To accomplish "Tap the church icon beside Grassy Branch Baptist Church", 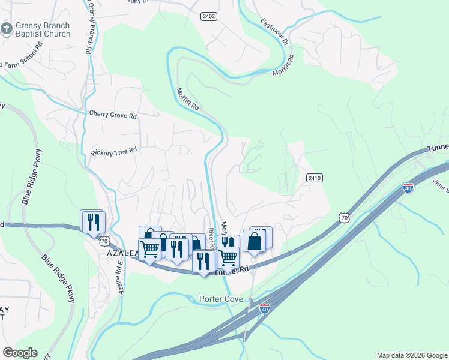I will (x=6, y=28).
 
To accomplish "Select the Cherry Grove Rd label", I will (x=113, y=115).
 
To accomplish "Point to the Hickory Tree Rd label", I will (x=114, y=151).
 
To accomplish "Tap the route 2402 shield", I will (x=209, y=16).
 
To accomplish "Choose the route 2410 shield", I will (x=315, y=178).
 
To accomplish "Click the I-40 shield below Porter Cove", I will (x=264, y=308).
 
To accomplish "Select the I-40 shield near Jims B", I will (x=408, y=187).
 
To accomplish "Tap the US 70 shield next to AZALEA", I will (x=104, y=241).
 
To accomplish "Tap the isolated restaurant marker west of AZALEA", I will (x=93, y=221).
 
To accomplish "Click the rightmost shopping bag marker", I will (x=255, y=241).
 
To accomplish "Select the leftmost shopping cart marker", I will (x=150, y=248).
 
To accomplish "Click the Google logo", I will (x=20, y=353).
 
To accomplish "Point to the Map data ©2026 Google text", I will (x=411, y=355).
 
